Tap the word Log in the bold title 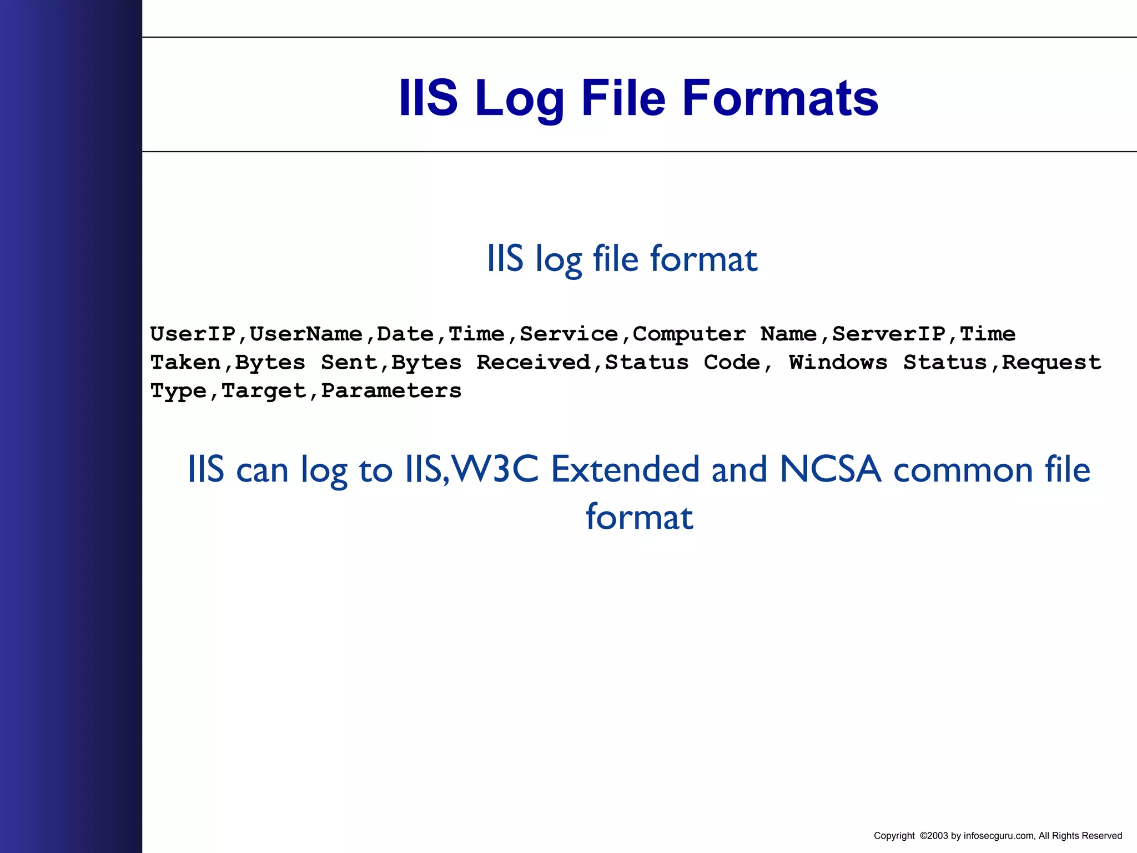519,98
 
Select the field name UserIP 193,334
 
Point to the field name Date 405,334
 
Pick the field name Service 568,334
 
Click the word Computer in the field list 689,334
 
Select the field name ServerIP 888,334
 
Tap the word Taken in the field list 185,363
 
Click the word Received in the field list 533,363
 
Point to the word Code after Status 732,363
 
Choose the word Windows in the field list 838,363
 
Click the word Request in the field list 1051,363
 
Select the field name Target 263,391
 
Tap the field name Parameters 391,391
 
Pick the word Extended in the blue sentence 625,469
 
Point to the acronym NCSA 830,469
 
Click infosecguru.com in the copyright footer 999,836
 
